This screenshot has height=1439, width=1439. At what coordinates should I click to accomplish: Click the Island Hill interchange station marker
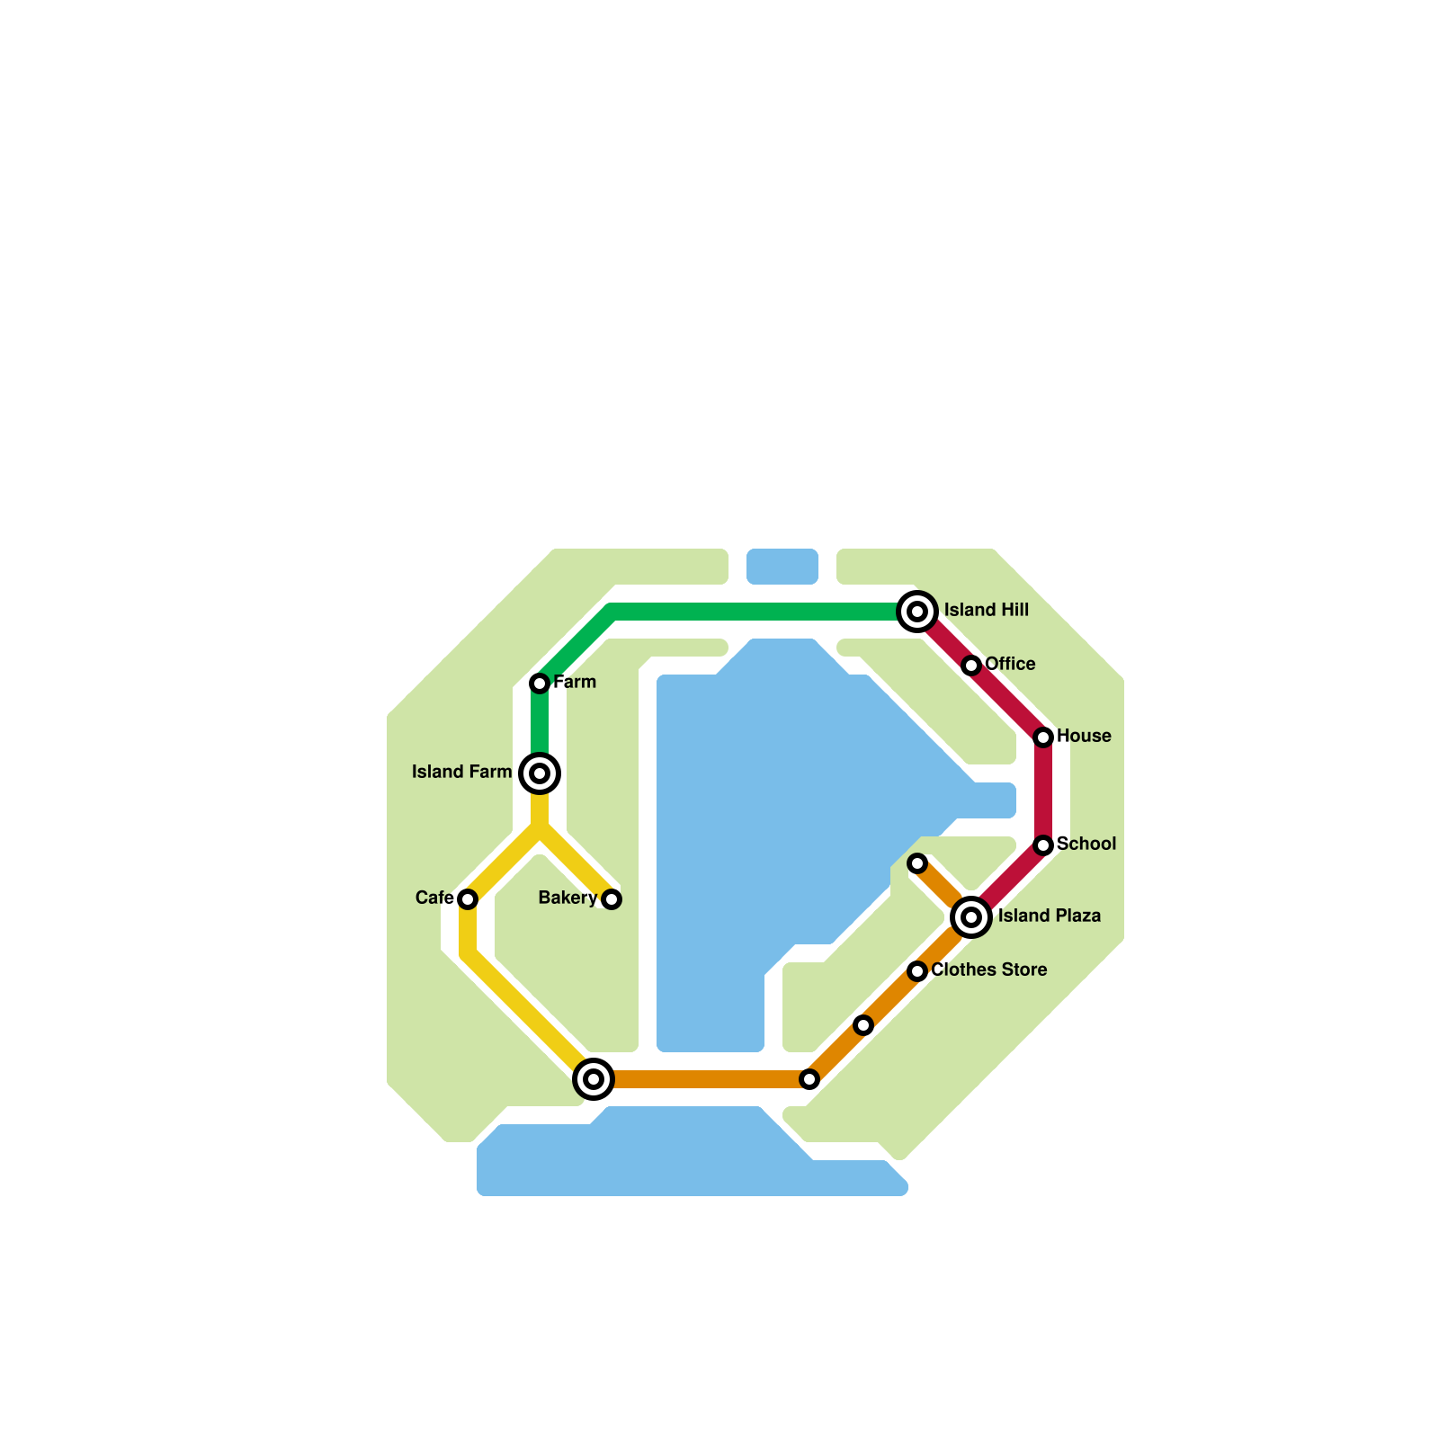pos(917,612)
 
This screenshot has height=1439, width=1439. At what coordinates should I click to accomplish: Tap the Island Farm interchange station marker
pos(540,773)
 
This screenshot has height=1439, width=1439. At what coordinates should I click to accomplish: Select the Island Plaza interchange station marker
pos(971,917)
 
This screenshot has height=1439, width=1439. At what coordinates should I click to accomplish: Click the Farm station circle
pos(540,684)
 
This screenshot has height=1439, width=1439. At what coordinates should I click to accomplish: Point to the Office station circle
pos(971,666)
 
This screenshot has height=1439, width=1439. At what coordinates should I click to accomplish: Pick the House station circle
pos(1043,737)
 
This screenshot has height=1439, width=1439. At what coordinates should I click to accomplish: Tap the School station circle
pos(1043,845)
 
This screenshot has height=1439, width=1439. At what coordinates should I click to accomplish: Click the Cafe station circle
pos(468,899)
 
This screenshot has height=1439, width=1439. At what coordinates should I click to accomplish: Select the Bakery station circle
pos(612,899)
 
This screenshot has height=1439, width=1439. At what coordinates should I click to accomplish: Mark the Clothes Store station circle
pos(917,971)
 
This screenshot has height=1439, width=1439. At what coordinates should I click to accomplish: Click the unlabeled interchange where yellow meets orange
pos(594,1079)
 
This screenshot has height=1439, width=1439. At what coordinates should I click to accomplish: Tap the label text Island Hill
pos(986,611)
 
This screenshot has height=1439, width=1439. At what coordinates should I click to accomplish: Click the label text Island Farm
pos(461,773)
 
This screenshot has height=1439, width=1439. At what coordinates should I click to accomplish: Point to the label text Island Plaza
pos(1049,916)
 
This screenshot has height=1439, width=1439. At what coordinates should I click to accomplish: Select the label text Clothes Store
pos(988,970)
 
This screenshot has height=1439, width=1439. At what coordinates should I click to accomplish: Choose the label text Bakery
pos(568,898)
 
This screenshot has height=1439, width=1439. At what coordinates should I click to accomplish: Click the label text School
pos(1086,845)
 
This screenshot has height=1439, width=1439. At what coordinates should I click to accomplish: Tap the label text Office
pos(1010,665)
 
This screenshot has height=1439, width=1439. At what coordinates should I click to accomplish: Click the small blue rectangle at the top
pos(782,567)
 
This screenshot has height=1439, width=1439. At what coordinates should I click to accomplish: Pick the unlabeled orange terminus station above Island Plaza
pos(917,863)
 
